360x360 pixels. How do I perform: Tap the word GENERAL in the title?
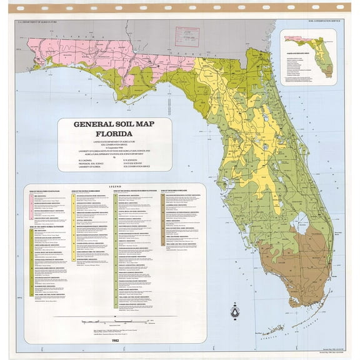pos(94,124)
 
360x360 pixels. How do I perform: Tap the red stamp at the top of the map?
pos(187,34)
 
